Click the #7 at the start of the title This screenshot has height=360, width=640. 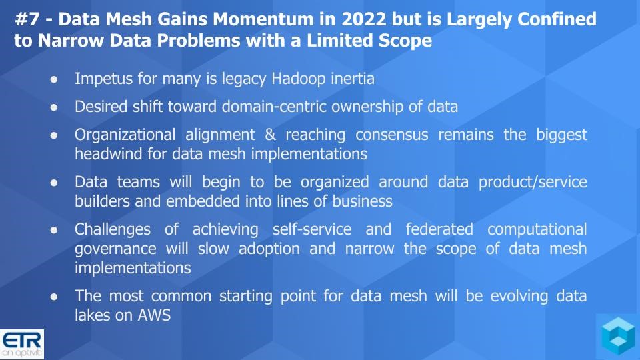[x=27, y=19]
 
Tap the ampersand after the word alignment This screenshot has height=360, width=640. [x=270, y=135]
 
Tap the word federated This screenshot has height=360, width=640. [x=439, y=229]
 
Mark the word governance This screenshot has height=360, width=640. [x=115, y=249]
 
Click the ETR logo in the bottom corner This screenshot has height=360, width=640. [x=22, y=345]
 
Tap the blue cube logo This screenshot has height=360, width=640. [x=619, y=335]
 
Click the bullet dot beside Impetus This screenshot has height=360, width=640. [x=54, y=79]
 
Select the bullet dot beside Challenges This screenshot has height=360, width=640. [x=54, y=230]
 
